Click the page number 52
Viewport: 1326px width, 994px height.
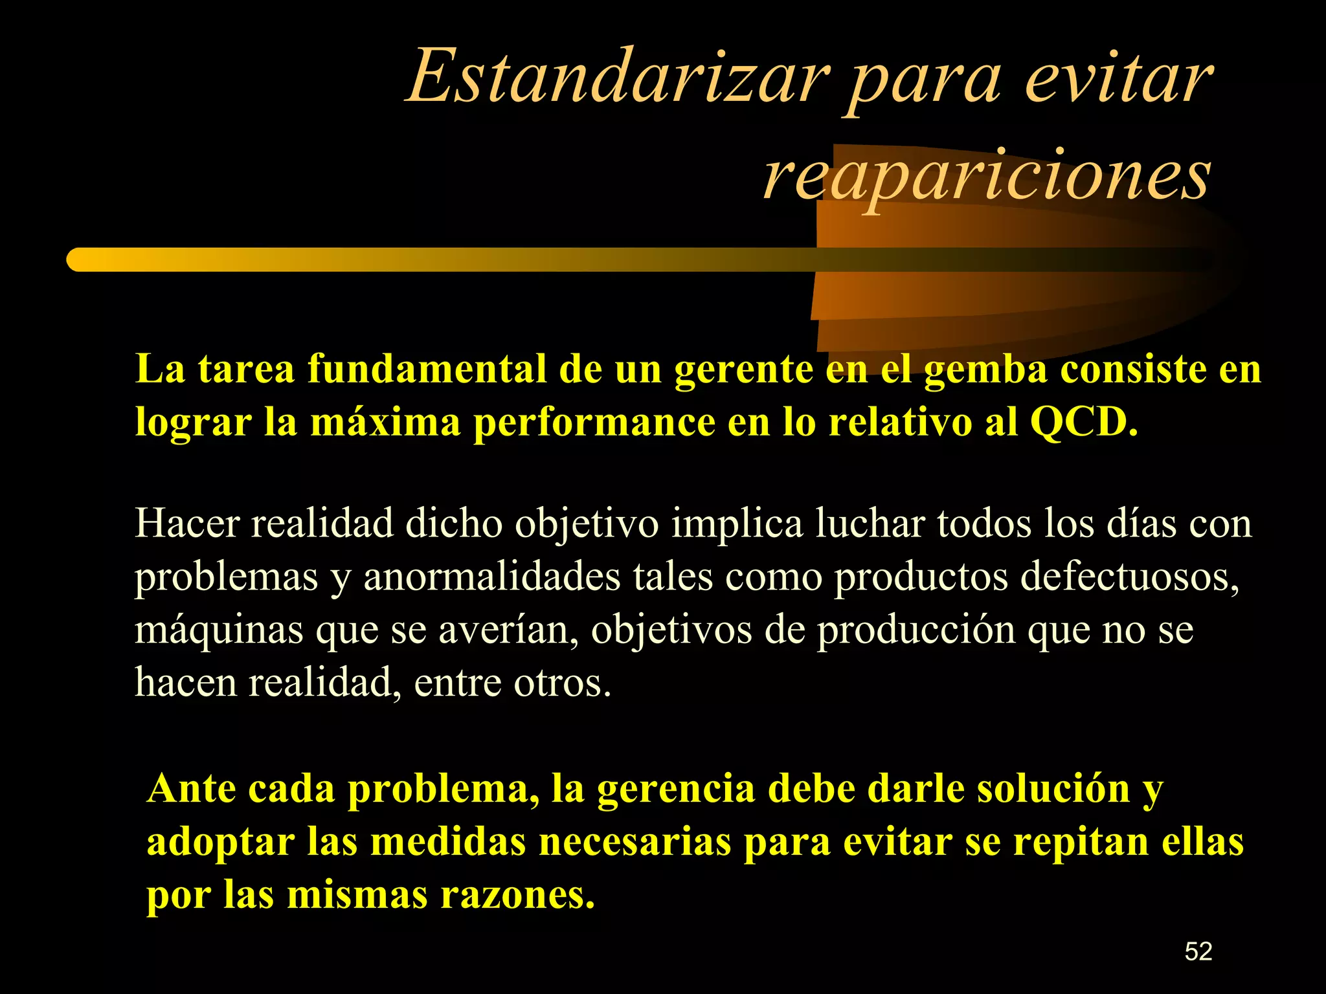1198,951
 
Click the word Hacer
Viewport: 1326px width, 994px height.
187,523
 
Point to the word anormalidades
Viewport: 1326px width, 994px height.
492,576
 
